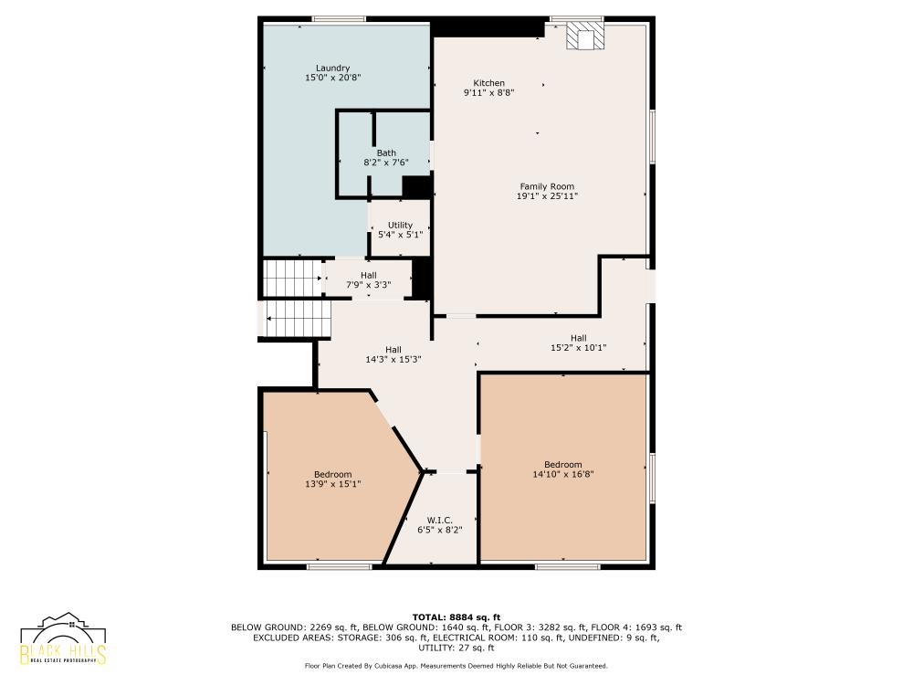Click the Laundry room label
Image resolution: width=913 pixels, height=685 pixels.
[332, 68]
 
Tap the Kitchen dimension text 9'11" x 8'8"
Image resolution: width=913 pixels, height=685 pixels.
[488, 92]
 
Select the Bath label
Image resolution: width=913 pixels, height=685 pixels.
[386, 153]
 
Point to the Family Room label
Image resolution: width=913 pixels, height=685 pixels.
[547, 186]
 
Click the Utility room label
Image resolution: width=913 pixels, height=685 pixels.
[400, 225]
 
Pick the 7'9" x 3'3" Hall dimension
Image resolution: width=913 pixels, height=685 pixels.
[369, 285]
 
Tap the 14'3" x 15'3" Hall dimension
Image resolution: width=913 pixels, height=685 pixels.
[393, 359]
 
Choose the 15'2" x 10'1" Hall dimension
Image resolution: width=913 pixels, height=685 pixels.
[578, 348]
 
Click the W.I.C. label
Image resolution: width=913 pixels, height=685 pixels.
[440, 521]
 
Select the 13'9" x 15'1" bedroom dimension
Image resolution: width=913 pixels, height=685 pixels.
[332, 484]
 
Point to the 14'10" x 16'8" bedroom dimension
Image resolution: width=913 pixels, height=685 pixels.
[563, 474]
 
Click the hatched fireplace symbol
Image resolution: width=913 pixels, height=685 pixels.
[585, 37]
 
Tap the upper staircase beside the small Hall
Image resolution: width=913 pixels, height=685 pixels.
[293, 278]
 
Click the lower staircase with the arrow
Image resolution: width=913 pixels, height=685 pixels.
[298, 319]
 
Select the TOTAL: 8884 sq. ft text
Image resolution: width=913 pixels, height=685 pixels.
[456, 617]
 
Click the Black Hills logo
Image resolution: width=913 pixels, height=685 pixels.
[63, 638]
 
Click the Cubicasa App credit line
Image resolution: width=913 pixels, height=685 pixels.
[456, 666]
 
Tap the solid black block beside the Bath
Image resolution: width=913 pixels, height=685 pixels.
[417, 187]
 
